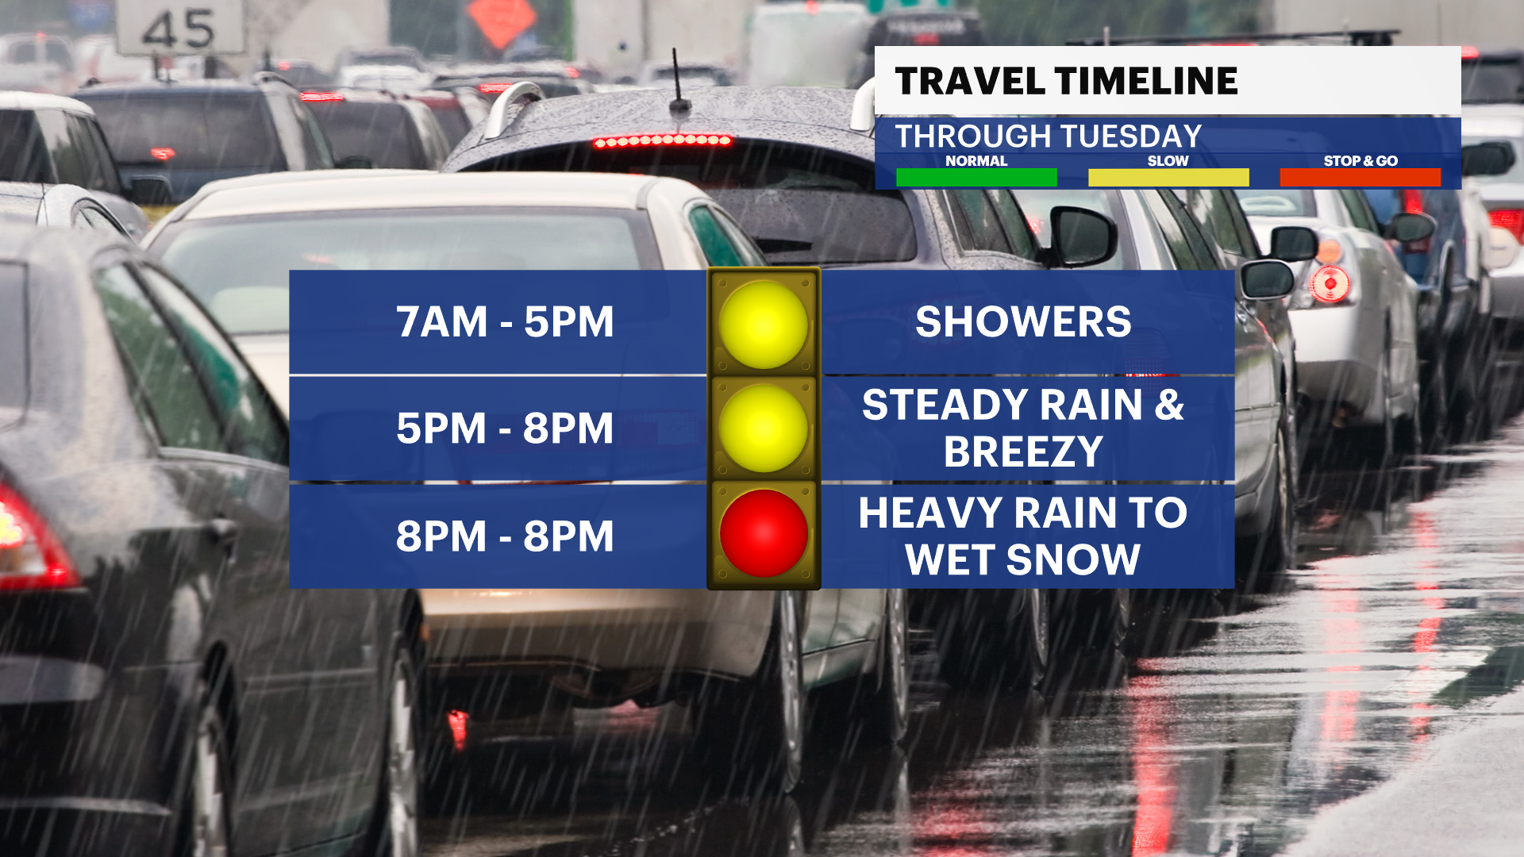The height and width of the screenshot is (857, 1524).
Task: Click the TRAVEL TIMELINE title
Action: coord(1066,81)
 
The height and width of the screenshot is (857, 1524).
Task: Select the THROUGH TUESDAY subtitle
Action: coord(1049,136)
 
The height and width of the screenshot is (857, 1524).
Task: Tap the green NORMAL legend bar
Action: coord(976,178)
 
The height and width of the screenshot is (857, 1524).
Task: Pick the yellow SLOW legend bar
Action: coord(1168,178)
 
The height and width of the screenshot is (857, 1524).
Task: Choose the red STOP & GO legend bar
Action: coord(1360,178)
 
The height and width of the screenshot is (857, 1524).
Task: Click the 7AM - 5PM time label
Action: coord(505,322)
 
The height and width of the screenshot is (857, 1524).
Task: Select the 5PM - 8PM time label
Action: coord(505,428)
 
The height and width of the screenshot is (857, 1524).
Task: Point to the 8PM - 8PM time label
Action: coord(505,536)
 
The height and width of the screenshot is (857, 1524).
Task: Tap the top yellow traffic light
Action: coord(764,325)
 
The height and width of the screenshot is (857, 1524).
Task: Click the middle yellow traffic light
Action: coord(764,428)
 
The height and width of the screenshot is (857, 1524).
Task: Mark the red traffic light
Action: coord(764,533)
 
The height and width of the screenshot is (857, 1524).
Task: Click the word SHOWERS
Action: coord(1023,322)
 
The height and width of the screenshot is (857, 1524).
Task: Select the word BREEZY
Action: coord(1023,452)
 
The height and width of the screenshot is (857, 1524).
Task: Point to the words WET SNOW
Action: coord(1023,560)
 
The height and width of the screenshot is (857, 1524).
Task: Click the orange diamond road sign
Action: coord(502,20)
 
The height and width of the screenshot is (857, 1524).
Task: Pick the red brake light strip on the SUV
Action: coord(663,141)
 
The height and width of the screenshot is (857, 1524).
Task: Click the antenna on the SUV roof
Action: coord(679,79)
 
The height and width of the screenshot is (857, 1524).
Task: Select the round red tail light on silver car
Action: coord(1330,283)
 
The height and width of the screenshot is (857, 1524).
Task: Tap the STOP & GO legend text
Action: coord(1360,160)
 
